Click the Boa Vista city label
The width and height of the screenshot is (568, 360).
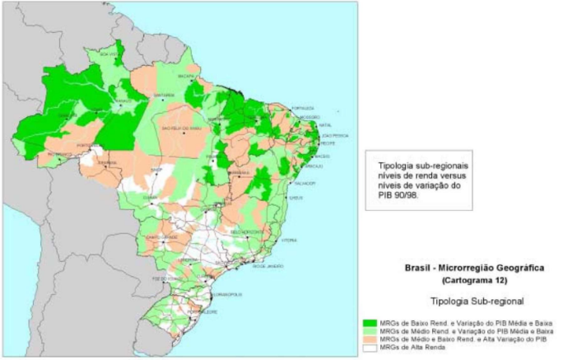pos(108,54)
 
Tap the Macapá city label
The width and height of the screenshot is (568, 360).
pos(188,76)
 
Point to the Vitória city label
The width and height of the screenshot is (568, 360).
pos(289,241)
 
